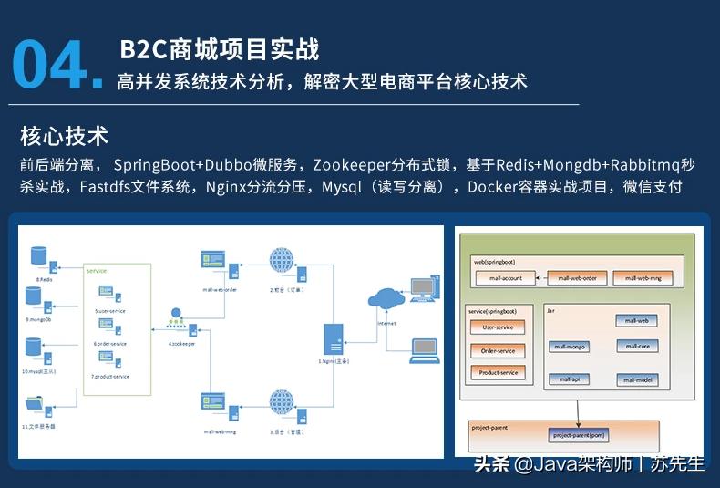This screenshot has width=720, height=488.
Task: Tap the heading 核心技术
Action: [64, 136]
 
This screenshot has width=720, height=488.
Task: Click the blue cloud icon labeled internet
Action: [386, 299]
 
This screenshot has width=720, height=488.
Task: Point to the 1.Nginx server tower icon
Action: [334, 341]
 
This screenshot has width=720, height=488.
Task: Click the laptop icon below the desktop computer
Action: [424, 349]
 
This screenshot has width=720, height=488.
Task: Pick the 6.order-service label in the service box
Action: [110, 344]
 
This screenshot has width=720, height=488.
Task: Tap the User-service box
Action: [498, 327]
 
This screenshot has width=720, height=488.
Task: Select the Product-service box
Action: [498, 372]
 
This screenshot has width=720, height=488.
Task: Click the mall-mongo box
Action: [572, 347]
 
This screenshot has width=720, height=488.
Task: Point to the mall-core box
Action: [637, 346]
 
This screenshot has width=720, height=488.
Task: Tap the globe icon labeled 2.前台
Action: [282, 259]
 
